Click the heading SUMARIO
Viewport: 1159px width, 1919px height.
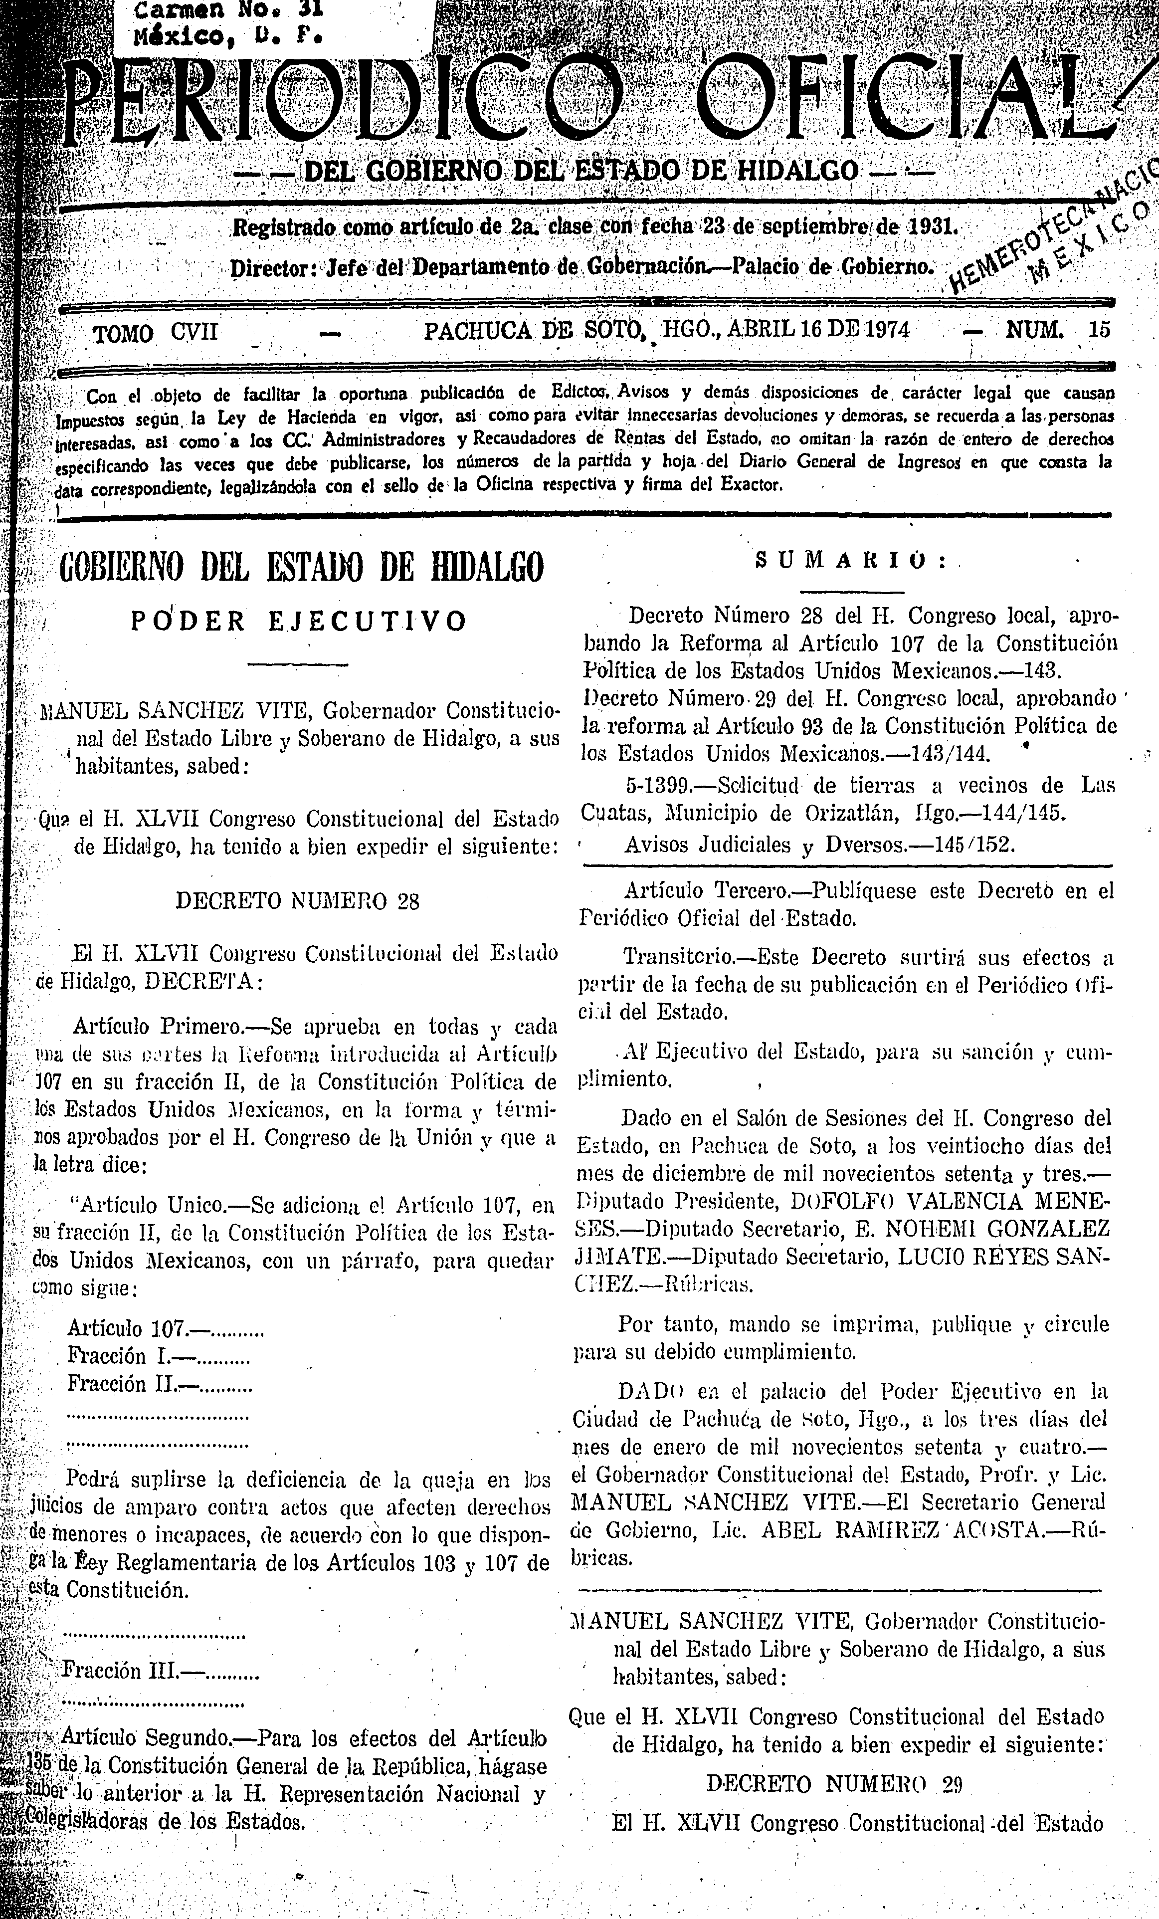pos(851,561)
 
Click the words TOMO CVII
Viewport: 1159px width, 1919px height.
pos(155,333)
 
